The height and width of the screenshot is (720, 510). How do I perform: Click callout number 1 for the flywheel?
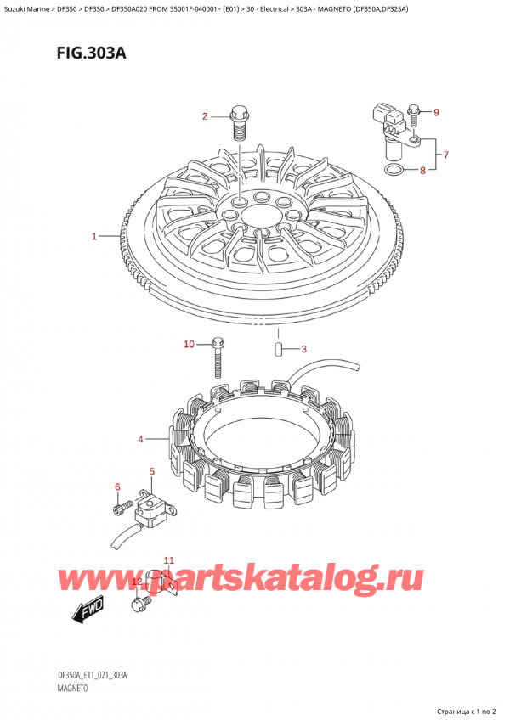pyautogui.click(x=94, y=237)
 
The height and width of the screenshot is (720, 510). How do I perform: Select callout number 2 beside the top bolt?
pyautogui.click(x=205, y=116)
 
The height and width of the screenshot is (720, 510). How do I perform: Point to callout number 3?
pyautogui.click(x=303, y=349)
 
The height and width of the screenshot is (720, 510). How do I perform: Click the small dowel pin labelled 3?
pyautogui.click(x=278, y=348)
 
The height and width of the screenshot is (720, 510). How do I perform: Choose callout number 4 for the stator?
pyautogui.click(x=140, y=440)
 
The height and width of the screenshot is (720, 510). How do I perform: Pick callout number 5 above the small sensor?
pyautogui.click(x=152, y=471)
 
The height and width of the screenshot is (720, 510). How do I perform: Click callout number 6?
pyautogui.click(x=117, y=487)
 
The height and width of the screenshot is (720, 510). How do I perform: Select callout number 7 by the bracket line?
pyautogui.click(x=445, y=155)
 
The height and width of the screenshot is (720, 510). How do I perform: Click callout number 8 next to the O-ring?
pyautogui.click(x=422, y=171)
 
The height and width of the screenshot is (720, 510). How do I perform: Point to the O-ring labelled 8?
pyautogui.click(x=394, y=171)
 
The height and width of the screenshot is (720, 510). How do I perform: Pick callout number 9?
pyautogui.click(x=436, y=112)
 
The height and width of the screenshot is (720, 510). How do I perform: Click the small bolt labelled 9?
pyautogui.click(x=413, y=115)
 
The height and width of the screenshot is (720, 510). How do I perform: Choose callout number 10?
pyautogui.click(x=189, y=344)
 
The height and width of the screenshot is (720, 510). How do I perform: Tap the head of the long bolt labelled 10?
pyautogui.click(x=217, y=342)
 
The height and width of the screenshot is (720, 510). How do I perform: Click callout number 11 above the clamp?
pyautogui.click(x=169, y=560)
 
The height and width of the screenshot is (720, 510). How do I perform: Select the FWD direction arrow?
pyautogui.click(x=88, y=610)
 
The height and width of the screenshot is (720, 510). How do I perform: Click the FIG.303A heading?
pyautogui.click(x=92, y=53)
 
